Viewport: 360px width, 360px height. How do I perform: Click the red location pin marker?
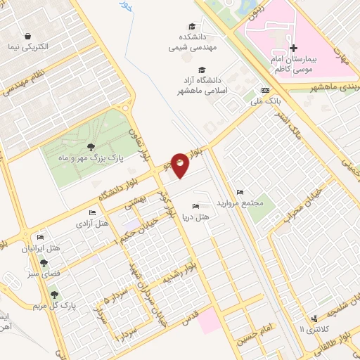pyautogui.click(x=181, y=165)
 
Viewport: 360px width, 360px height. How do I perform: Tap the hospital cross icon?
pyautogui.click(x=294, y=48)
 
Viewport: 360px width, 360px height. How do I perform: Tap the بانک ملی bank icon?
pyautogui.click(x=264, y=91)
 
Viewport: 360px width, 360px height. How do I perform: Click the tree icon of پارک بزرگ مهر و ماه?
pyautogui.click(x=91, y=146)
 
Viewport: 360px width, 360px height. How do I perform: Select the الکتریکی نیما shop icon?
pyautogui.click(x=27, y=36)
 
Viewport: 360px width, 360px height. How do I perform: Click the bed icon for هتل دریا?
pyautogui.click(x=195, y=207)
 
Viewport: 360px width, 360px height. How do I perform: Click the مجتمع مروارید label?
pyautogui.click(x=242, y=203)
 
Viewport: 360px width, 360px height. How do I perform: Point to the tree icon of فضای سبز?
pyautogui.click(x=44, y=262)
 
